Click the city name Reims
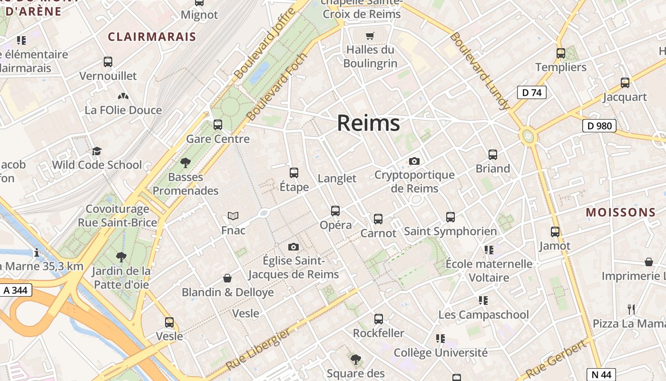[x=369, y=123]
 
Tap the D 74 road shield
[x=532, y=92]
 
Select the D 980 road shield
[x=599, y=126]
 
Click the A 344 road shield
[x=16, y=290]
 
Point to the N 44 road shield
[x=601, y=374]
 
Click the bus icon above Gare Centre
[x=218, y=125]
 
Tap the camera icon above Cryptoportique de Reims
[x=414, y=161]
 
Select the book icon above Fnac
[x=233, y=216]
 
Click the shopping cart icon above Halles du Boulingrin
[x=370, y=36]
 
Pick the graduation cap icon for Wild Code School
[x=97, y=151]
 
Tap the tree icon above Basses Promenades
[x=186, y=163]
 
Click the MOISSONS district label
[x=621, y=212]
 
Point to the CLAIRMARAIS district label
[x=152, y=37]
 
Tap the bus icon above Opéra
[x=335, y=211]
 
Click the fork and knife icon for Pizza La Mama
[x=631, y=310]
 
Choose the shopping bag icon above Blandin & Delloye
[x=227, y=278]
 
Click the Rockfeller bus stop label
[x=379, y=333]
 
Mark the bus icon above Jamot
[x=555, y=232]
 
